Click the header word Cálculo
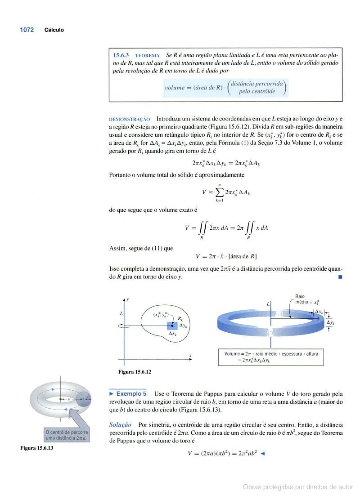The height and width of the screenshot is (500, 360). pos(54,30)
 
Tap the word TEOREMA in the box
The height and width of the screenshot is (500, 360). pos(147,55)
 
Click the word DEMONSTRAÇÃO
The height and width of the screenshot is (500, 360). pos(130,119)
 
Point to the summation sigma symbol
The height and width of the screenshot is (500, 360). pos(219,192)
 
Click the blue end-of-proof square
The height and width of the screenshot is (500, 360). pos(340,277)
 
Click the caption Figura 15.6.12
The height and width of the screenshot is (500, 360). pos(135,372)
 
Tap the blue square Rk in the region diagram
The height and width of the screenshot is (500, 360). pos(172,326)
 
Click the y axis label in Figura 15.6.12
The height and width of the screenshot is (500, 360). pos(128,299)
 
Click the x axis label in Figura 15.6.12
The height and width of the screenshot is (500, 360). pos(190,356)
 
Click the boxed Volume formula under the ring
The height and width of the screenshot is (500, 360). pos(271,357)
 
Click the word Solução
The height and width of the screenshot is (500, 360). pos(120,424)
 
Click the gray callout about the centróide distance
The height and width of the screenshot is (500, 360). pos(66,435)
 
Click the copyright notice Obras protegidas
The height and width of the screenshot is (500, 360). pos(298,487)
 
